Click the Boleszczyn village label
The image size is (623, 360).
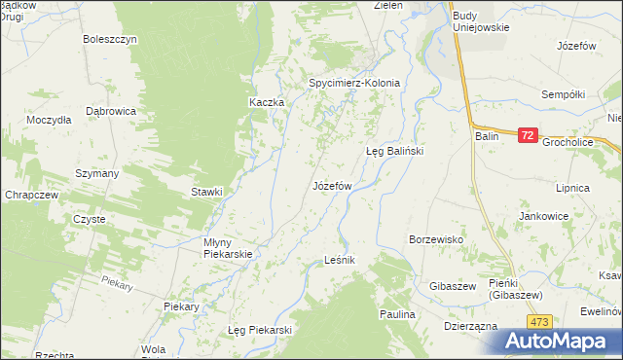pyautogui.click(x=111, y=39)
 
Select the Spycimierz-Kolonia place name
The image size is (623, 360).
pyautogui.click(x=354, y=83)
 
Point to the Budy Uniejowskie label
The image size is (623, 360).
pyautogui.click(x=481, y=21)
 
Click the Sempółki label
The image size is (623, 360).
pyautogui.click(x=564, y=94)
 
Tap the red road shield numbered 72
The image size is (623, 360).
pyautogui.click(x=527, y=136)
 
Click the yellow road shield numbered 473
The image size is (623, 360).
pyautogui.click(x=541, y=321)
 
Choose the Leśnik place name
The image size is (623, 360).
pyautogui.click(x=340, y=261)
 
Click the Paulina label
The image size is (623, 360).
pyautogui.click(x=397, y=315)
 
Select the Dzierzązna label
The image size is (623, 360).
pyautogui.click(x=471, y=327)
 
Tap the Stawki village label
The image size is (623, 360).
pyautogui.click(x=206, y=192)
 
